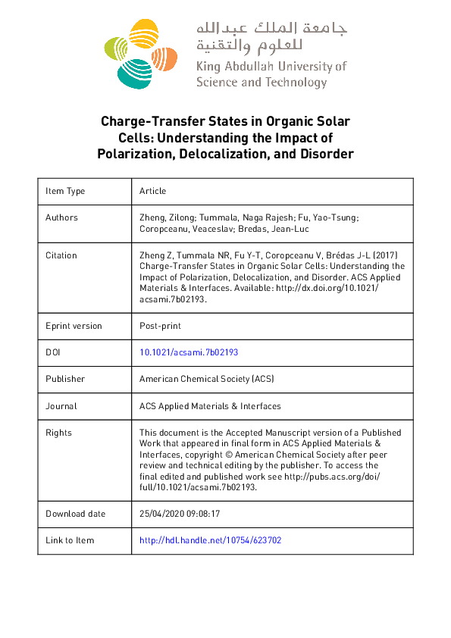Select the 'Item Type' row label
pyautogui.click(x=65, y=191)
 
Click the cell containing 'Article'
pyautogui.click(x=152, y=191)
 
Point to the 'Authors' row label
pyautogui.click(x=61, y=217)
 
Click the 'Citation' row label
pyautogui.click(x=61, y=255)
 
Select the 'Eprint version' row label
pyautogui.click(x=74, y=326)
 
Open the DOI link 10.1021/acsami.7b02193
pyautogui.click(x=189, y=352)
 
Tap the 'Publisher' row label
pyautogui.click(x=65, y=379)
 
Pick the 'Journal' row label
pyautogui.click(x=61, y=406)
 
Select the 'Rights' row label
pyautogui.click(x=58, y=433)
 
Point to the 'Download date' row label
pyautogui.click(x=75, y=513)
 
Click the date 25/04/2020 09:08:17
pyautogui.click(x=179, y=513)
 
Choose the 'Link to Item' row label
pyautogui.click(x=70, y=540)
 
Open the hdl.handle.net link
pyautogui.click(x=211, y=540)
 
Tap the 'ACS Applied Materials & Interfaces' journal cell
pyautogui.click(x=210, y=406)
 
